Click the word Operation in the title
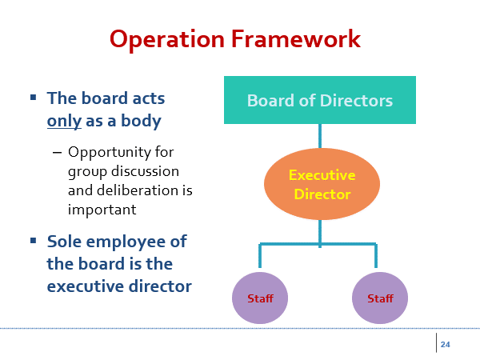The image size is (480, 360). coord(167,40)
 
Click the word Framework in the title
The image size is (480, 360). coord(296,38)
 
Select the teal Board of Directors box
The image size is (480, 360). coord(320,100)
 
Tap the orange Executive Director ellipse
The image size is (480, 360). coord(322,184)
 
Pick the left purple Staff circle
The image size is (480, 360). coord(260,298)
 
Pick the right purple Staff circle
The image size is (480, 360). coord(380,298)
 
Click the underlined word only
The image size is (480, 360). coord(64,122)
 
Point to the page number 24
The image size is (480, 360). coord(445,344)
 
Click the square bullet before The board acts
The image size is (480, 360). coord(34,98)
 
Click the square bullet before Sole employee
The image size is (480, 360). coord(34,241)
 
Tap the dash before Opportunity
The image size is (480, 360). coord(58,152)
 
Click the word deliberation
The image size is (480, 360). coord(138,190)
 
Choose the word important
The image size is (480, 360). coord(102,210)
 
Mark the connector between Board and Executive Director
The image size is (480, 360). coord(320,136)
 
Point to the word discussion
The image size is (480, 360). coord(145,171)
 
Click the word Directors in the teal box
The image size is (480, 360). coord(356,101)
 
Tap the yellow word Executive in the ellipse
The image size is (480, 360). coord(322,175)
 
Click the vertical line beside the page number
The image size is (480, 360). coord(436,343)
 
